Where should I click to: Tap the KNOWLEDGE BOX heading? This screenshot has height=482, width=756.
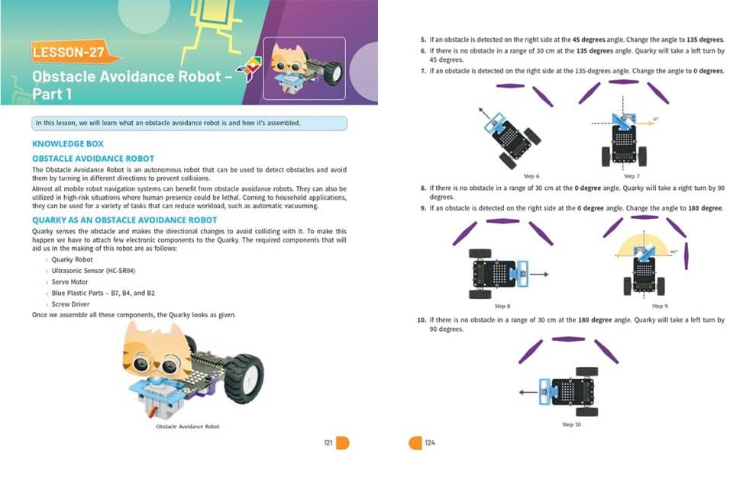tap(68, 143)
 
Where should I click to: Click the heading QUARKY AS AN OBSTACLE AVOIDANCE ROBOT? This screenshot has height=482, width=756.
tap(124, 220)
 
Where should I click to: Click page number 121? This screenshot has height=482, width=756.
tap(328, 443)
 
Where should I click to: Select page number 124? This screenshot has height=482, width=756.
tap(430, 443)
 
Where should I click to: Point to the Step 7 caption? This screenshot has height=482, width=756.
tap(631, 176)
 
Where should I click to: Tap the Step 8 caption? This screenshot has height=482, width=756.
tap(502, 306)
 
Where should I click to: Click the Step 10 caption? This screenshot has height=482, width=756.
tap(571, 425)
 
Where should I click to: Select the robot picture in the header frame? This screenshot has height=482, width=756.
tap(304, 69)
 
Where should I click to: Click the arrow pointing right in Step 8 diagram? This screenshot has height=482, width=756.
tap(539, 274)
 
